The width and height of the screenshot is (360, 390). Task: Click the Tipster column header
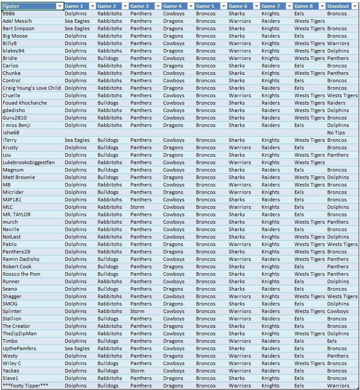click(x=26, y=6)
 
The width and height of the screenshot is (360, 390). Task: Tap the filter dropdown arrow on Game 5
click(x=223, y=6)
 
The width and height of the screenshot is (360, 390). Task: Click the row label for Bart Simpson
click(x=18, y=28)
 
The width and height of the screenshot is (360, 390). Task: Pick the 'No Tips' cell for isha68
click(x=336, y=133)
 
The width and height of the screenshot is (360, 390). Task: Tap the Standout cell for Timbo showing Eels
click(x=332, y=341)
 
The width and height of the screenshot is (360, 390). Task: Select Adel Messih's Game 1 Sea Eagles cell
click(x=77, y=21)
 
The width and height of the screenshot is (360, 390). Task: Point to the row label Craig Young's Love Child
click(x=31, y=88)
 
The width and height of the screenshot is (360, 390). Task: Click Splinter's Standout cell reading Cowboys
click(x=338, y=311)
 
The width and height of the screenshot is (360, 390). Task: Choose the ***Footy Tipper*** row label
click(x=25, y=386)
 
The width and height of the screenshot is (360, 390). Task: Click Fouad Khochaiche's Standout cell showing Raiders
click(x=336, y=103)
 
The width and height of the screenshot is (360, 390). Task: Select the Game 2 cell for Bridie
click(x=108, y=58)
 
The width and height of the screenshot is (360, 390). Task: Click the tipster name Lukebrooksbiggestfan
click(x=28, y=162)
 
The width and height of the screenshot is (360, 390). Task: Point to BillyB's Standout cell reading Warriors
click(x=338, y=43)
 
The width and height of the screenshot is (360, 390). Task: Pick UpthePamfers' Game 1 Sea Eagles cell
click(x=77, y=348)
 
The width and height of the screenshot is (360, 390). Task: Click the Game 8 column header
click(x=304, y=6)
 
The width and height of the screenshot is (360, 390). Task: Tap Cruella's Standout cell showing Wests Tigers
click(x=342, y=95)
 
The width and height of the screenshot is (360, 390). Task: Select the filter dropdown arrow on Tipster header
click(x=59, y=6)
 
